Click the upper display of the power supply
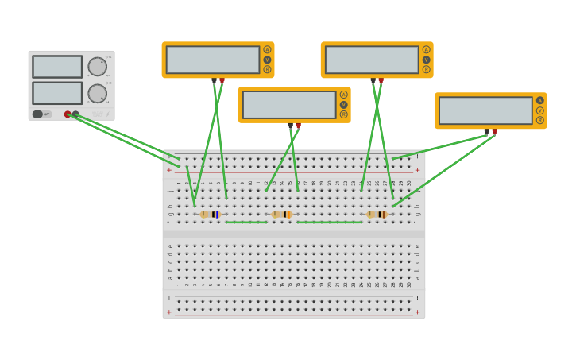pyautogui.click(x=57, y=67)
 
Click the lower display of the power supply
pyautogui.click(x=57, y=93)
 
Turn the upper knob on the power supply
pyautogui.click(x=97, y=67)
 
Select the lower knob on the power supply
pyautogui.click(x=97, y=94)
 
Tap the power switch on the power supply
pyautogui.click(x=38, y=114)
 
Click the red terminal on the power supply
pyautogui.click(x=68, y=114)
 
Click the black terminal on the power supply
pyautogui.click(x=75, y=114)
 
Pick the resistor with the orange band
pyautogui.click(x=282, y=215)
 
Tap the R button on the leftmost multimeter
pyautogui.click(x=267, y=70)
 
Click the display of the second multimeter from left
pyautogui.click(x=289, y=105)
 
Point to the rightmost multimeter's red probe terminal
pyautogui.click(x=495, y=132)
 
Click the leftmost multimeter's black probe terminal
pyautogui.click(x=214, y=80)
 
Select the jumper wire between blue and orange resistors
pyautogui.click(x=246, y=223)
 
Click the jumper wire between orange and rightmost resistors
pyautogui.click(x=330, y=223)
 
